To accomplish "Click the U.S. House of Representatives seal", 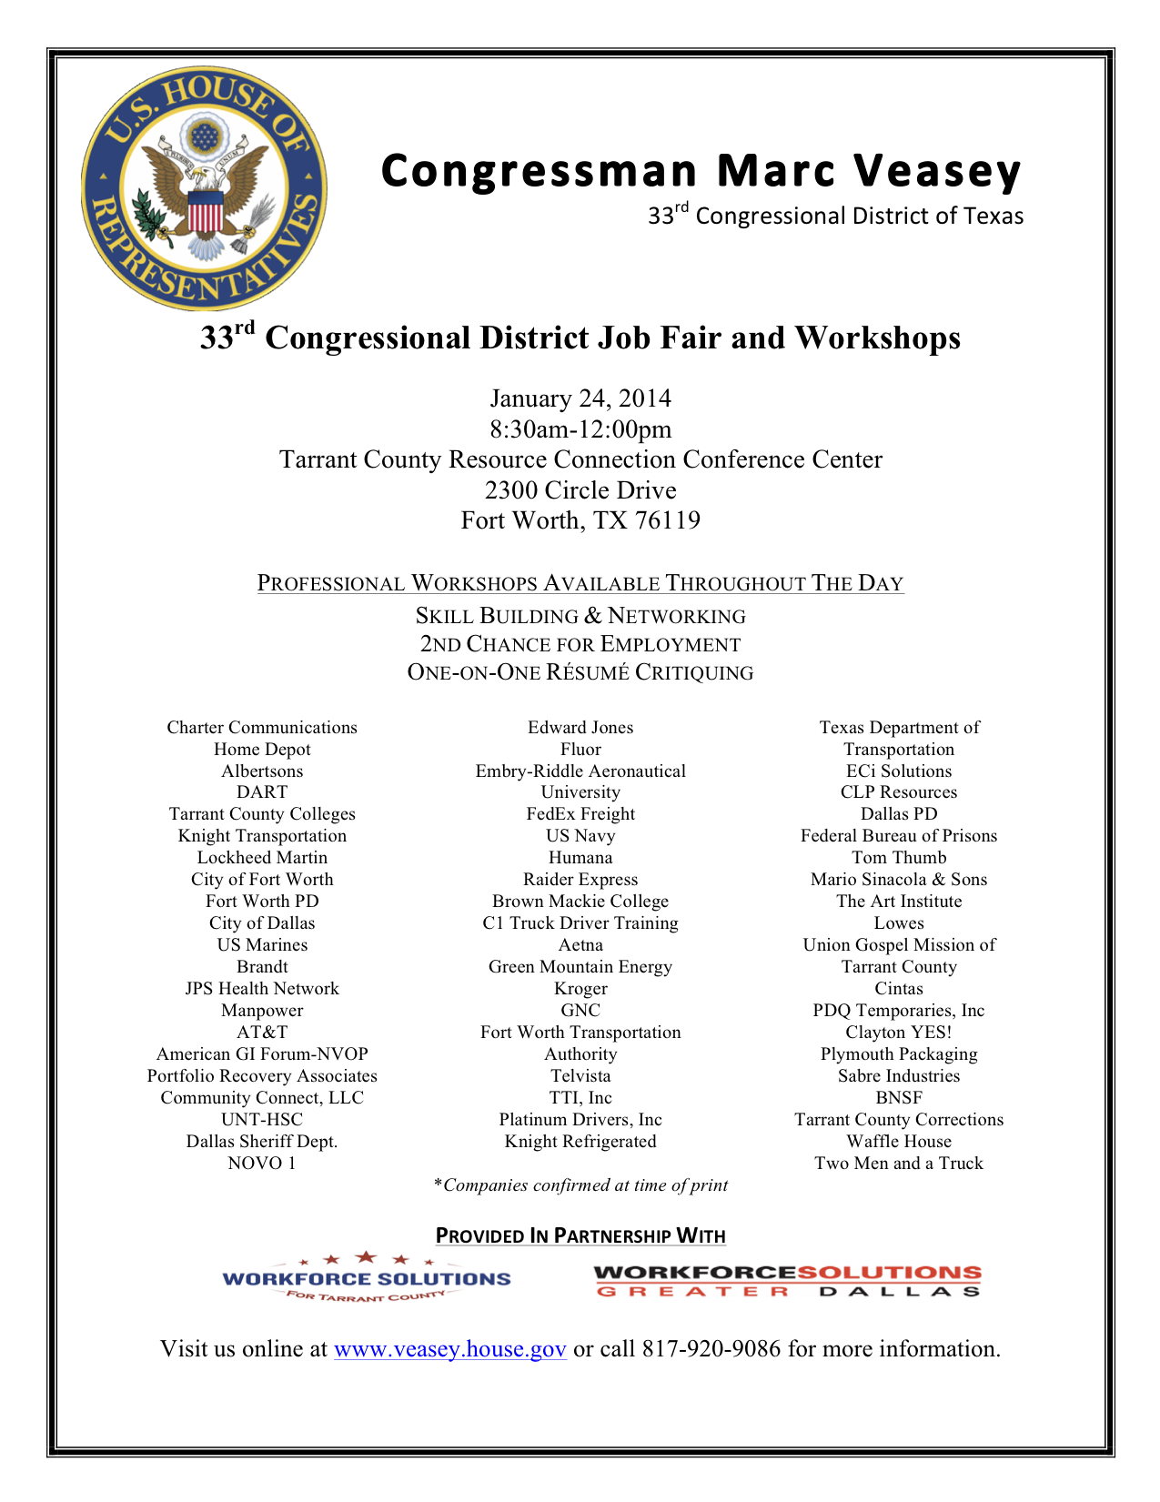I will pyautogui.click(x=204, y=188).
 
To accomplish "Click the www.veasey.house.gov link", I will pyautogui.click(x=450, y=1348).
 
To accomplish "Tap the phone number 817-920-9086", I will pyautogui.click(x=711, y=1348).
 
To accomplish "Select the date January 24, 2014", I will pyautogui.click(x=580, y=398).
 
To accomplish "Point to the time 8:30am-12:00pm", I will pyautogui.click(x=580, y=429).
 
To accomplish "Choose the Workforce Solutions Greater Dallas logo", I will pyautogui.click(x=788, y=1281).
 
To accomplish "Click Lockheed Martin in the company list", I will pyautogui.click(x=262, y=858).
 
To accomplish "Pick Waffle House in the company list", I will pyautogui.click(x=899, y=1142).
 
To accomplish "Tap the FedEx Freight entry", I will pyautogui.click(x=580, y=814).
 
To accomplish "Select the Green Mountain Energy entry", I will pyautogui.click(x=580, y=967).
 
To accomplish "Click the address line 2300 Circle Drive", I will pyautogui.click(x=580, y=490).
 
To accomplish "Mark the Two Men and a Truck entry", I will pyautogui.click(x=899, y=1164).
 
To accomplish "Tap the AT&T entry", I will pyautogui.click(x=262, y=1033).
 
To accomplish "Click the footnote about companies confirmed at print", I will pyautogui.click(x=580, y=1185).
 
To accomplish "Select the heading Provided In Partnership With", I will pyautogui.click(x=580, y=1235).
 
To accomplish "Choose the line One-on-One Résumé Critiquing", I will pyautogui.click(x=580, y=673).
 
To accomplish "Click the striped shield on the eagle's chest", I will pyautogui.click(x=206, y=213).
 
